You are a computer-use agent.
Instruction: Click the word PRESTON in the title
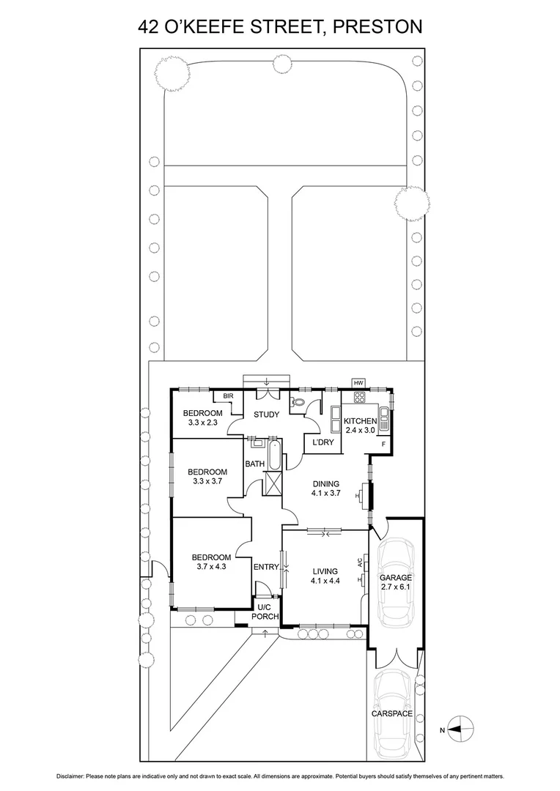tap(378, 28)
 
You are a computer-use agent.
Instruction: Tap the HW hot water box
tap(358, 383)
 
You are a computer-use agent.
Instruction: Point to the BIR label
tap(218, 396)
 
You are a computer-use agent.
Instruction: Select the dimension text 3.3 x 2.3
tap(202, 423)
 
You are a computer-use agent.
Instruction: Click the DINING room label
tap(326, 483)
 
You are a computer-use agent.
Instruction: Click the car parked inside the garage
tap(396, 584)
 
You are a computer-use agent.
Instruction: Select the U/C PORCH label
tap(265, 612)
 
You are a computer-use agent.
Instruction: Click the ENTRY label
tap(266, 567)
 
